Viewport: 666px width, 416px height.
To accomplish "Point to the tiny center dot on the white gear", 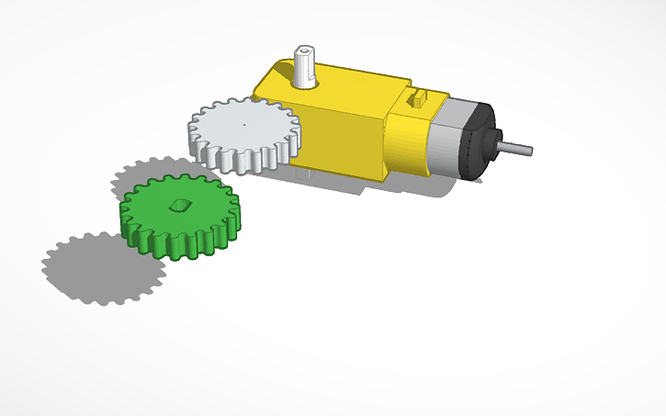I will pyautogui.click(x=244, y=122).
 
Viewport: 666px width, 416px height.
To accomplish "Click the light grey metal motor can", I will pyautogui.click(x=447, y=138).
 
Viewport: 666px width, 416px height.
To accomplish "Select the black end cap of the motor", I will pyautogui.click(x=480, y=142).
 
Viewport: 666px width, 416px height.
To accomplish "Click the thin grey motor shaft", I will pyautogui.click(x=514, y=146).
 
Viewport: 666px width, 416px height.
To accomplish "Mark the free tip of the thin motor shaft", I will pyautogui.click(x=530, y=148).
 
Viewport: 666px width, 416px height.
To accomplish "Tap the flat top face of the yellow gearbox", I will pyautogui.click(x=349, y=87).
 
